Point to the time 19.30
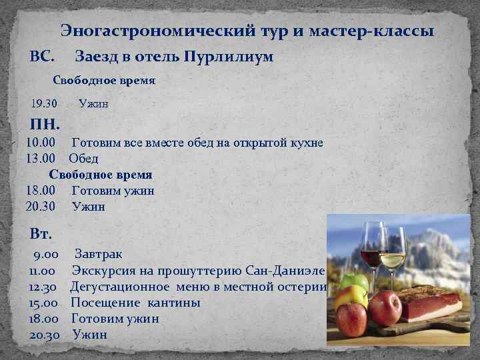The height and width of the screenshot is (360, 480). tap(44, 103)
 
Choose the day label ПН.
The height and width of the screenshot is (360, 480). tap(45, 124)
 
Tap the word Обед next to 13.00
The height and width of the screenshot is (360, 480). tap(83, 159)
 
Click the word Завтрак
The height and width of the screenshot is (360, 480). tap(98, 255)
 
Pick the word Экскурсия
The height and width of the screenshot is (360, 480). tap(105, 271)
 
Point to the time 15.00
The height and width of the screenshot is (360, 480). tap(45, 303)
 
